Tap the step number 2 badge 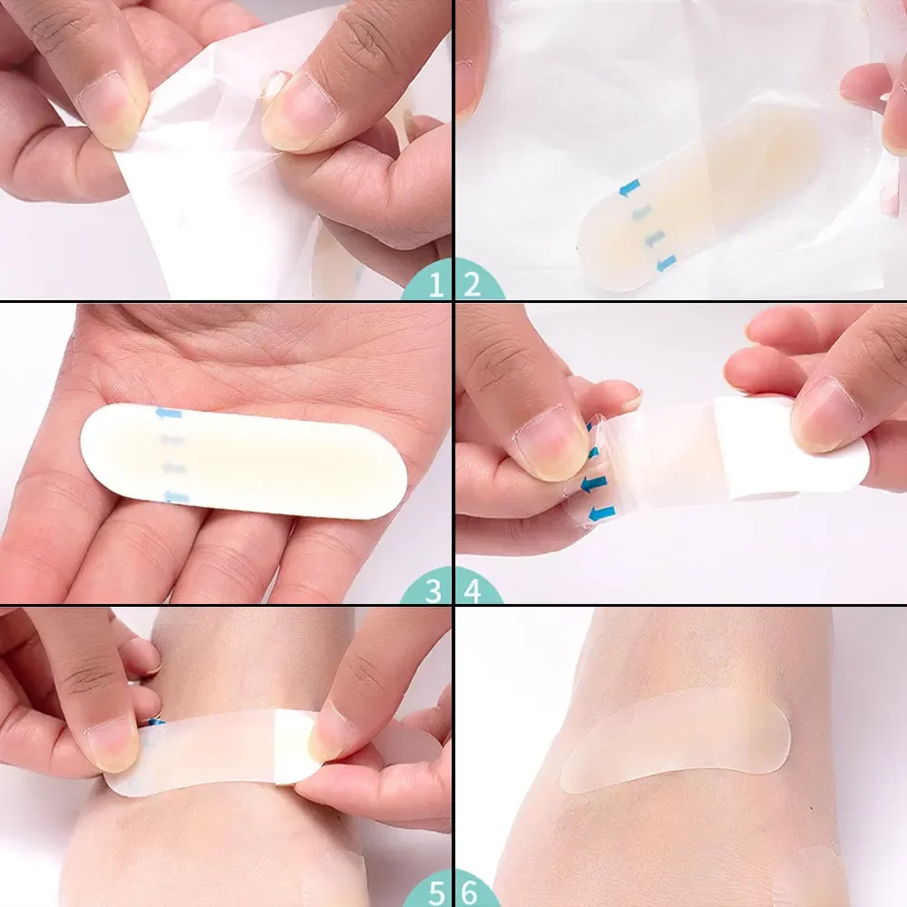click(471, 286)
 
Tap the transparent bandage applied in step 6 click(676, 739)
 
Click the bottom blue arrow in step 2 click(667, 262)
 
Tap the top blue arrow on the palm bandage click(169, 414)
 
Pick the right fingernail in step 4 click(826, 413)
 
